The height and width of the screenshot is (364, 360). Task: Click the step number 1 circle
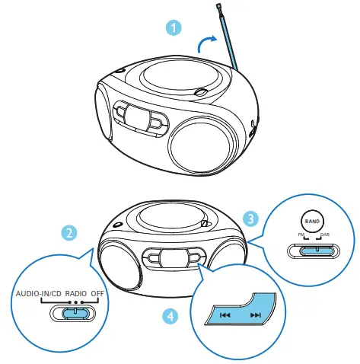(175, 27)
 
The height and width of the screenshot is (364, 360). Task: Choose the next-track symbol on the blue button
(255, 315)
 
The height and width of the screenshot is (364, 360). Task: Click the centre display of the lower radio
(175, 257)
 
